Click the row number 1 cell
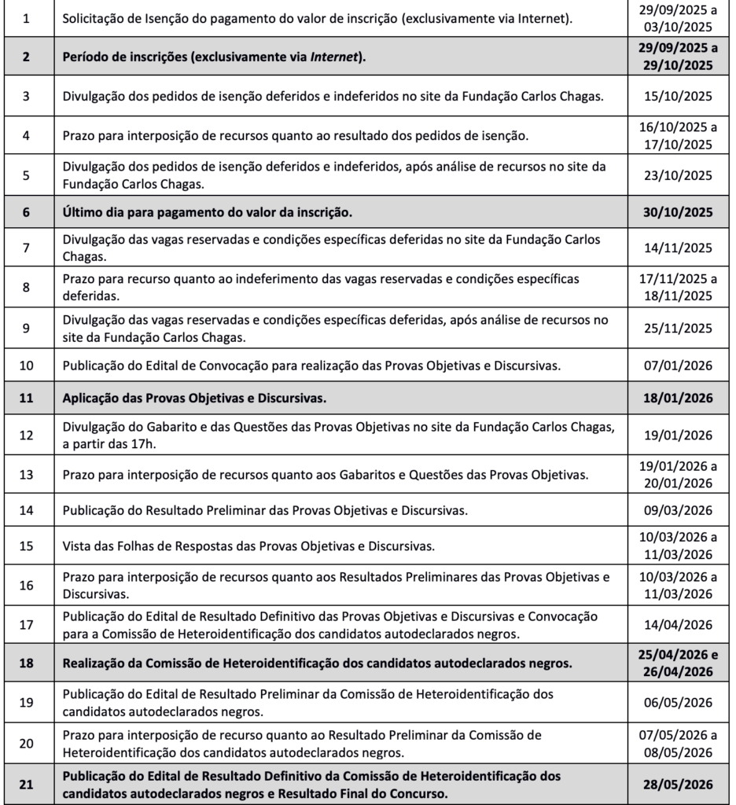click(28, 17)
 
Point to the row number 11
click(28, 398)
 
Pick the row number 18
click(28, 663)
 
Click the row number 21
click(28, 784)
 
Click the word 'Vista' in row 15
click(79, 546)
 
